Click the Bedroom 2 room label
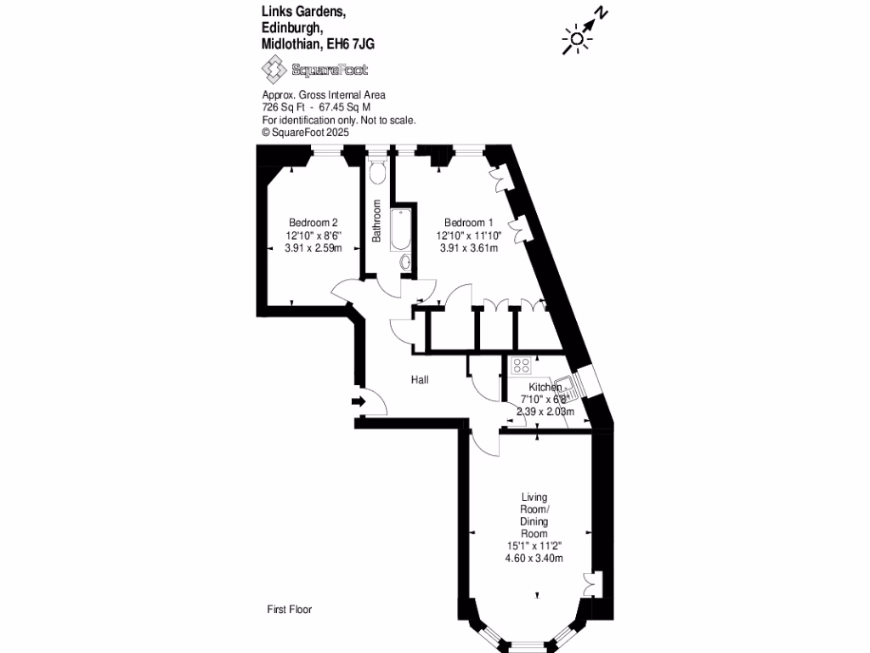point(313,223)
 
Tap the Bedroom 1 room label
point(469,223)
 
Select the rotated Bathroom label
point(376,221)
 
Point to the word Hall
point(420,380)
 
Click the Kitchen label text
point(545,387)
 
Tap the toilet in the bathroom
point(377,172)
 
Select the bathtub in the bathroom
point(400,230)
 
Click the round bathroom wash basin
point(405,261)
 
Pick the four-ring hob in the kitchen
point(522,365)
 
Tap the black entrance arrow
point(359,401)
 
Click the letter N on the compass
point(601,12)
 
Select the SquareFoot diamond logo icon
point(274,70)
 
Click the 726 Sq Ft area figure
point(284,107)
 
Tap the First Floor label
point(289,609)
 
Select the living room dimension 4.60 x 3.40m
point(534,558)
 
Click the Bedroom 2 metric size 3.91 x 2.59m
point(313,248)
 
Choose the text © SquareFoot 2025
point(305,132)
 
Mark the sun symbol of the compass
point(577,39)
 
